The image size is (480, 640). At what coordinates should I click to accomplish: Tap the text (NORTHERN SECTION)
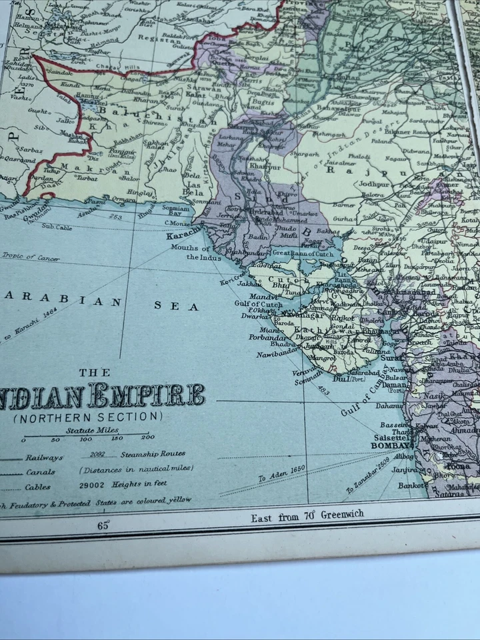(87, 417)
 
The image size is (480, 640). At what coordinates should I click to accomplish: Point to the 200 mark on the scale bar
(147, 438)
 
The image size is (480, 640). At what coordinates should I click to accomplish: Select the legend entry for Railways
(44, 457)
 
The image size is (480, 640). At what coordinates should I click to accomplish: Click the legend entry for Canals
(41, 472)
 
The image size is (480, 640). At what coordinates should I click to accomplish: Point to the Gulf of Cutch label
(258, 305)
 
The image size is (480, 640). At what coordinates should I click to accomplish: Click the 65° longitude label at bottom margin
(103, 524)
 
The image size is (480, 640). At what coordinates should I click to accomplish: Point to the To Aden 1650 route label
(281, 473)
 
